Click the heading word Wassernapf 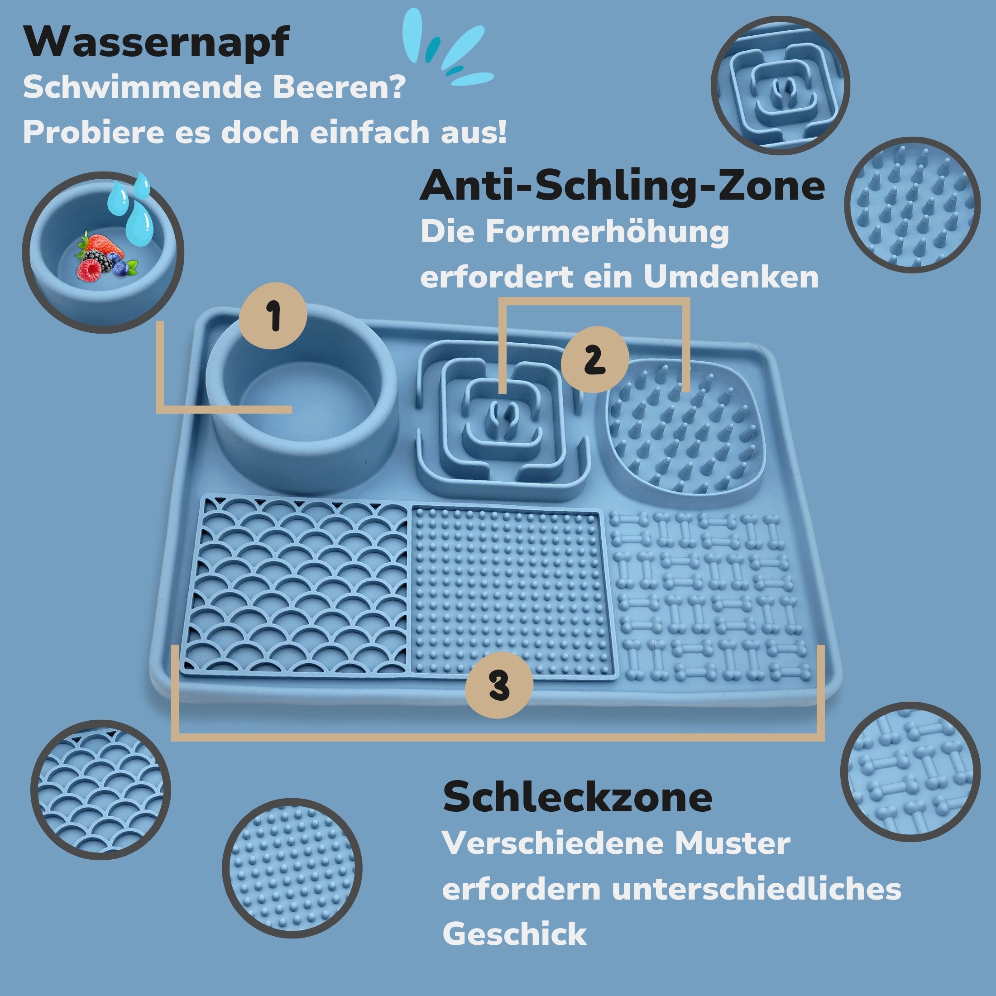(156, 43)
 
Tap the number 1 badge (273, 316)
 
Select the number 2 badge (594, 359)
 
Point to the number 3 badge (499, 685)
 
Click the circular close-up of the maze (781, 85)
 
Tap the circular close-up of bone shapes (910, 772)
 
